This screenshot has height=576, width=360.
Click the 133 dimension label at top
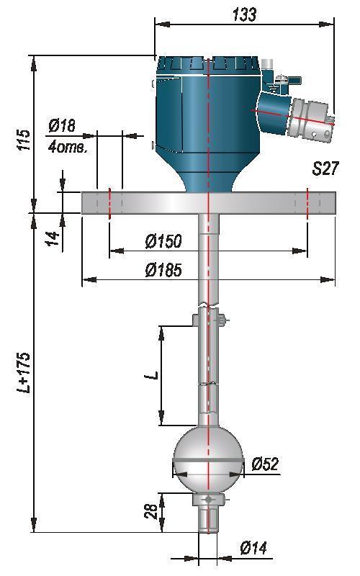244,14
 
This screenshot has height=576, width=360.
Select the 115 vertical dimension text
24,140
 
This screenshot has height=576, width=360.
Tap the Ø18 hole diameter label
62,125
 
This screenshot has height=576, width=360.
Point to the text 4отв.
68,148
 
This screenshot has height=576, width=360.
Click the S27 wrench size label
325,168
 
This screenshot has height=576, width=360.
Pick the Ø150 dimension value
163,241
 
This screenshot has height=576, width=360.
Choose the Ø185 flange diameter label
163,270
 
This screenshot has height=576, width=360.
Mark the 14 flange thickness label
53,238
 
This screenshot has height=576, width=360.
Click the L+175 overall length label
24,373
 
